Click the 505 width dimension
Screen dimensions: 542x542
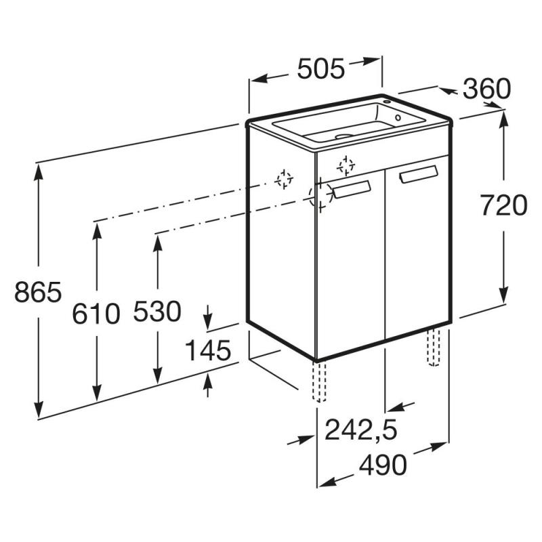(320, 69)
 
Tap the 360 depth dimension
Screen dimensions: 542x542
(486, 89)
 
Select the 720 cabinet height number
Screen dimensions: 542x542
(504, 205)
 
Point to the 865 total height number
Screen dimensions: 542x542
(38, 292)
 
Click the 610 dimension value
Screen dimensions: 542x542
(96, 314)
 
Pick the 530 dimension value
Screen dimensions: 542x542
(157, 311)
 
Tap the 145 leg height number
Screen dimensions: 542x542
(208, 350)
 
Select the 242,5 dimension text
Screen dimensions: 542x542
(361, 430)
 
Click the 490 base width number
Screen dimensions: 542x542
(383, 465)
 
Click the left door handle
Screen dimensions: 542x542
(352, 190)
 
